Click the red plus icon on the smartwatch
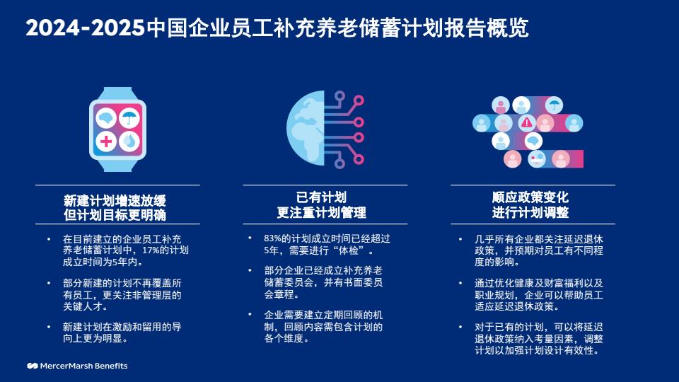[106, 141]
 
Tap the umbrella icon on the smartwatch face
[129, 118]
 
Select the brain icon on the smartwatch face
[106, 118]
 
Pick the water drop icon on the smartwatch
[129, 141]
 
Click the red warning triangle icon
[526, 122]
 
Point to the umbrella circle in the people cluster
[554, 105]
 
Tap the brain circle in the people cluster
[533, 141]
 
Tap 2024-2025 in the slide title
[85, 28]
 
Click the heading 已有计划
[321, 197]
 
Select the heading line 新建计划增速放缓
[115, 200]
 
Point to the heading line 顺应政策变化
[530, 197]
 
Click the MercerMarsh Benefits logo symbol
[33, 366]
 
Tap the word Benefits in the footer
[111, 366]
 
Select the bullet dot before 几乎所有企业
[460, 239]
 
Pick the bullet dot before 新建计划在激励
[49, 327]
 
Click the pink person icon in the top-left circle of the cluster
[501, 105]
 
